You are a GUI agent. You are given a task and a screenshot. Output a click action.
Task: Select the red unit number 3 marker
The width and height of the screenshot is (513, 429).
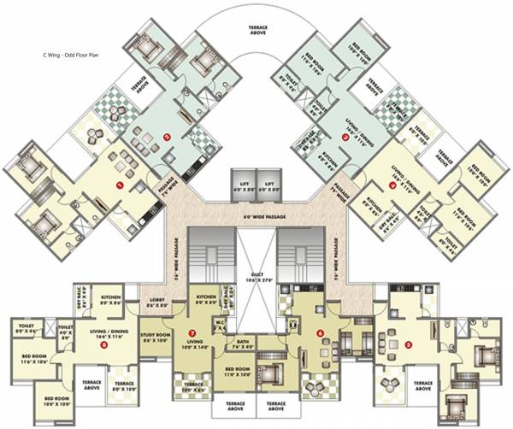coord(344,135)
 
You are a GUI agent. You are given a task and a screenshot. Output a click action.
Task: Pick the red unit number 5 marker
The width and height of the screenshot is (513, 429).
coord(409,345)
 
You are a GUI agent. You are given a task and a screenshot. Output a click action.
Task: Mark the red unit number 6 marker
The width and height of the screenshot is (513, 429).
coord(321,332)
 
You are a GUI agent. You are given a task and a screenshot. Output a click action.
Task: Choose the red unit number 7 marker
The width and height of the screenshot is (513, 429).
coord(193,332)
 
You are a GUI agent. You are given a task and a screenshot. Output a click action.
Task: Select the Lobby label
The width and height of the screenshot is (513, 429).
coord(160,301)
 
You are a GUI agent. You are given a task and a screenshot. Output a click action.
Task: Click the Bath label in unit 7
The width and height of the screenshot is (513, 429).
coord(243,345)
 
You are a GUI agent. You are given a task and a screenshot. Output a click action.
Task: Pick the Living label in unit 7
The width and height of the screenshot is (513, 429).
coord(194,344)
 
